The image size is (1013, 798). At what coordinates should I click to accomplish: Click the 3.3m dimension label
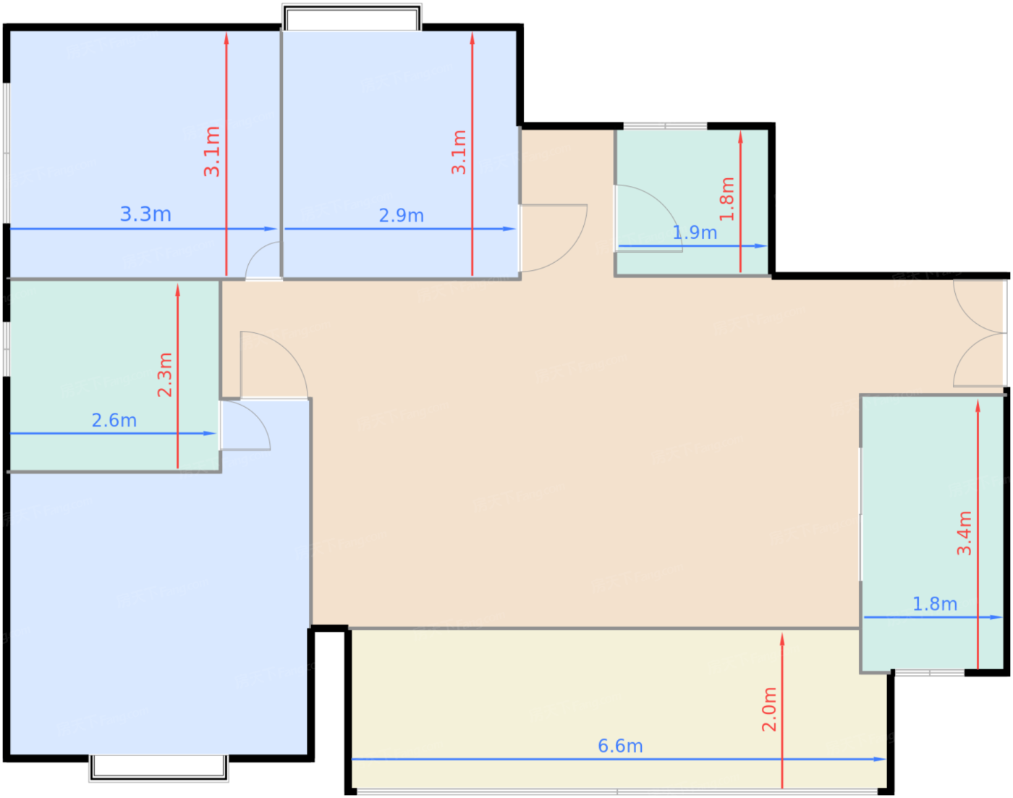tap(145, 214)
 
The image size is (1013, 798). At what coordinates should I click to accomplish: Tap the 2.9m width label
tap(401, 216)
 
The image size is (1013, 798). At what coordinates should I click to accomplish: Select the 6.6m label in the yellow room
tap(620, 746)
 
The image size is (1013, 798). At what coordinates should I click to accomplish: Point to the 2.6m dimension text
tap(114, 420)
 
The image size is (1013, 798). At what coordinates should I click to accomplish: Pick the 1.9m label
tap(695, 232)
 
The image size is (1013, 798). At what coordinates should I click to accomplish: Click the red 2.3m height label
tap(165, 375)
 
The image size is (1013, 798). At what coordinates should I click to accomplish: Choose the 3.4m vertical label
tap(964, 533)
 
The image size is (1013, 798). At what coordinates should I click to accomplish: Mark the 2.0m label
tap(769, 710)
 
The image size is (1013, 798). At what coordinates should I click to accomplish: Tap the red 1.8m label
tap(727, 199)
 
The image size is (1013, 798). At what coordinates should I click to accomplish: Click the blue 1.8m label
tap(935, 604)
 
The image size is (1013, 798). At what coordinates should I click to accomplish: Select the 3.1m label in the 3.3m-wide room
tap(212, 151)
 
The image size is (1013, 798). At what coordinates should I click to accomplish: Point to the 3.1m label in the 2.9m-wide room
tap(459, 152)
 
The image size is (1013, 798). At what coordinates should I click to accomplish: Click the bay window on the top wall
tap(352, 17)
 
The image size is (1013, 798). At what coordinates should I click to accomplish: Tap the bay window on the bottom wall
tap(158, 768)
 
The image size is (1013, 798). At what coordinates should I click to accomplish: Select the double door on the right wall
tap(980, 334)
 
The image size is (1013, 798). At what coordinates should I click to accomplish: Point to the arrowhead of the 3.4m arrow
tap(978, 406)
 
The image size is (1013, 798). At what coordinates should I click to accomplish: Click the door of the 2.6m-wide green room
tap(245, 425)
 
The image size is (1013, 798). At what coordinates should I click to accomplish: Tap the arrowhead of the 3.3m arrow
tap(270, 229)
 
